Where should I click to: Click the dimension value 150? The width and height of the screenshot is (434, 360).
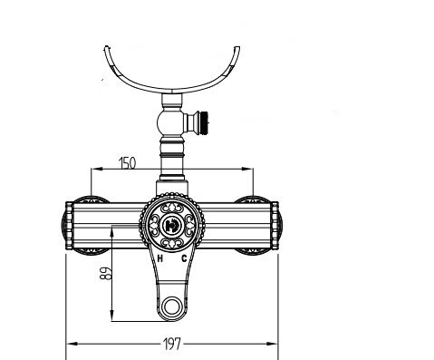[128, 163]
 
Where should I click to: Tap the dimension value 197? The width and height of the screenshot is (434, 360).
[172, 344]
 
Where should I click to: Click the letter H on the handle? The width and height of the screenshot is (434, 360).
[160, 258]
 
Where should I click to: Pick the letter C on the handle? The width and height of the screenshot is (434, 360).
[184, 258]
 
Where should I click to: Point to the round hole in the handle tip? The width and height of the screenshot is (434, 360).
[172, 306]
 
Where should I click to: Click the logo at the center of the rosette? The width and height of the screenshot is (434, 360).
[172, 225]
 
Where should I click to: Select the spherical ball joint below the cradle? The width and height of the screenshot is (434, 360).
[169, 122]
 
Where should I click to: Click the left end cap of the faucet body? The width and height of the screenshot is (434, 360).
[69, 226]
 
